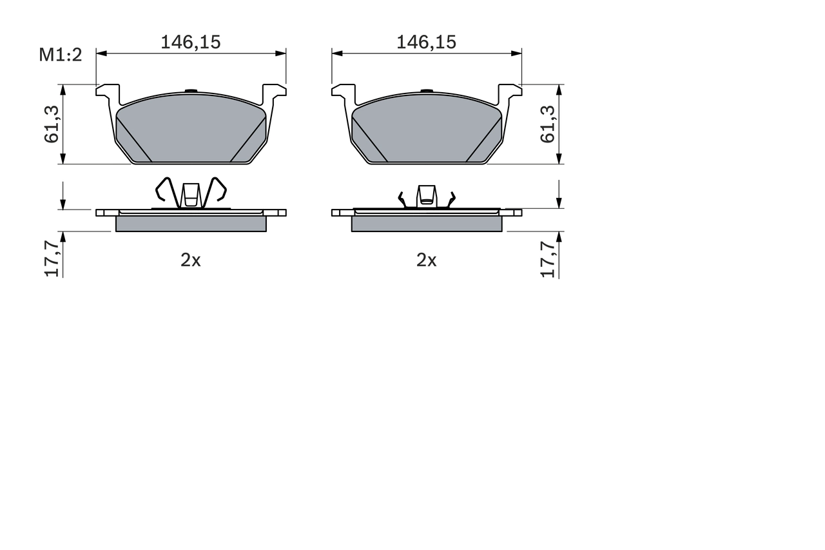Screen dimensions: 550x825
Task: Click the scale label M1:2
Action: point(61,55)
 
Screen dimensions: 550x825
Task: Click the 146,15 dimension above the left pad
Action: point(190,43)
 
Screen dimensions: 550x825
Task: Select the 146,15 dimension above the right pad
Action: point(426,43)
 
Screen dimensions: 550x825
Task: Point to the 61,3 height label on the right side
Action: point(548,124)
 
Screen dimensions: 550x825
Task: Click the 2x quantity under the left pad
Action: point(190,260)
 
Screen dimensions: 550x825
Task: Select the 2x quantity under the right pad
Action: point(426,260)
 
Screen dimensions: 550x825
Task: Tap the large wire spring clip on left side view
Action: point(191,193)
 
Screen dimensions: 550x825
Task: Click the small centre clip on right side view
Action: point(426,196)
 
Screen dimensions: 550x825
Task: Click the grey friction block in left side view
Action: point(191,223)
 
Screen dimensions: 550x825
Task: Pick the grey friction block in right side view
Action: point(426,223)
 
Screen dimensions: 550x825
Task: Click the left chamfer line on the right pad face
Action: point(369,139)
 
